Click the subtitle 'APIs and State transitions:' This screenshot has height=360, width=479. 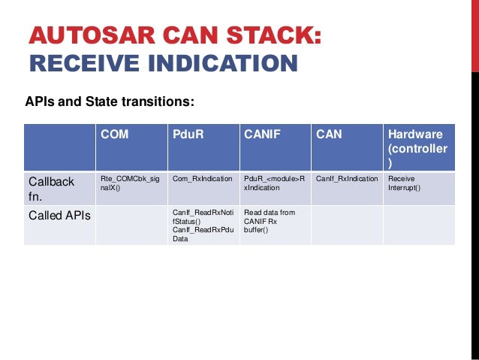[110, 100]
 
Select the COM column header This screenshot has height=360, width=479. [116, 135]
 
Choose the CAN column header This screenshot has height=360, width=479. [329, 135]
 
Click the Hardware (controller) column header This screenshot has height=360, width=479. [417, 148]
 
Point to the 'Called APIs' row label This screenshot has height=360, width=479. [59, 216]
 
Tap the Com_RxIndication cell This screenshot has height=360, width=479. [202, 180]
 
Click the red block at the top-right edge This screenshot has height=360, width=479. [474, 35]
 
